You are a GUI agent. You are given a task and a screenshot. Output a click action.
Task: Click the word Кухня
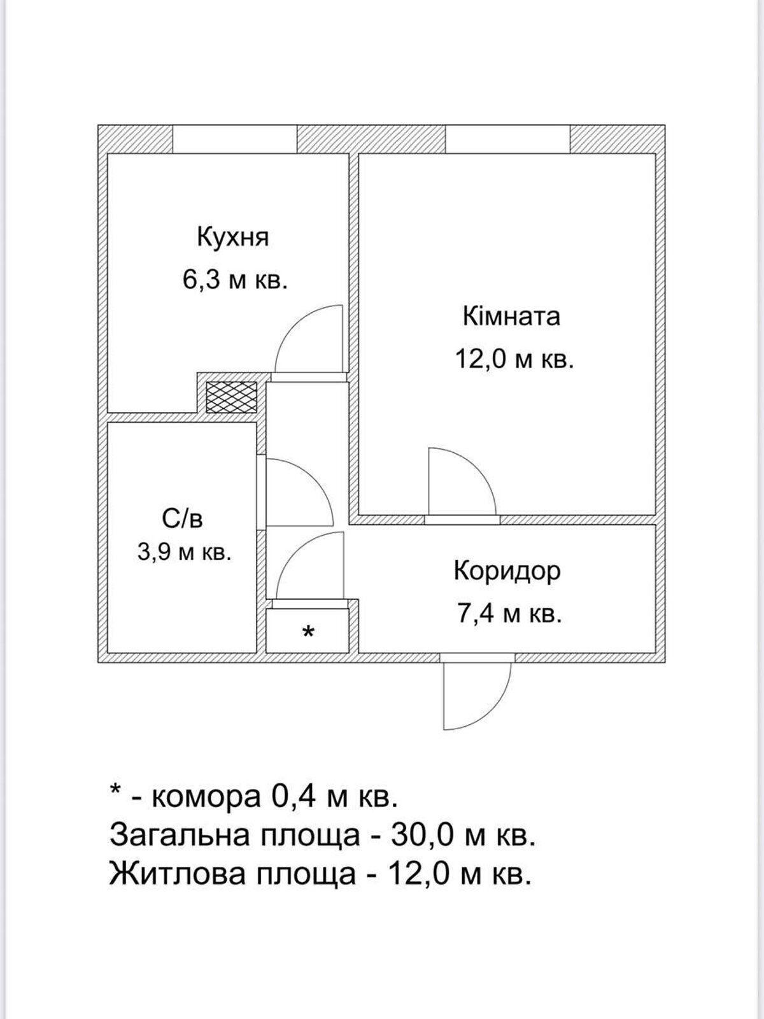(233, 237)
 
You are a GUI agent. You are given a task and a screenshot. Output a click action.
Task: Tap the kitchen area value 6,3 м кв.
(236, 280)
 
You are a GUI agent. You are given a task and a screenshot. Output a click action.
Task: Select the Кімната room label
(511, 317)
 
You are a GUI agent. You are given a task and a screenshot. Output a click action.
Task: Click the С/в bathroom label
(183, 519)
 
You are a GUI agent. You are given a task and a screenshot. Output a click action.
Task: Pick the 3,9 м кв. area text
(184, 552)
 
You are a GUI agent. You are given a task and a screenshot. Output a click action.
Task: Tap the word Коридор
(507, 571)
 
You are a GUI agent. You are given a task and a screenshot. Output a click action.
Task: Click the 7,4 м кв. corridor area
(509, 615)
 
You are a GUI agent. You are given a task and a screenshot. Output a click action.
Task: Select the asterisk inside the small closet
(308, 633)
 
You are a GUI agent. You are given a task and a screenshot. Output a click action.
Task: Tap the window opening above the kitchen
(235, 139)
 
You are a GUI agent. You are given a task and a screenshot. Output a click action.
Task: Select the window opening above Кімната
(507, 139)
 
